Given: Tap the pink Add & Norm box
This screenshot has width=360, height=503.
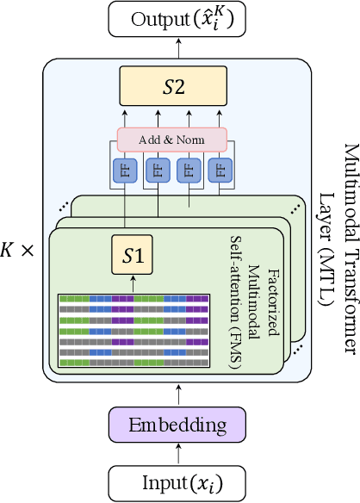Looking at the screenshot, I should tap(171, 139).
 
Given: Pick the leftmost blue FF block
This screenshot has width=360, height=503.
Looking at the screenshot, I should tap(126, 170).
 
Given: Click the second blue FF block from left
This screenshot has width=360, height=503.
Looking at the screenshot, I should tap(156, 170).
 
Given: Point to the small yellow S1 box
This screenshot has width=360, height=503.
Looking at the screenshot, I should tap(133, 255).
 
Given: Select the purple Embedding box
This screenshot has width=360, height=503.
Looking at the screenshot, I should tap(177, 425).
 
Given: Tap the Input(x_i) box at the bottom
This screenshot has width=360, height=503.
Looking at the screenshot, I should tap(177, 480).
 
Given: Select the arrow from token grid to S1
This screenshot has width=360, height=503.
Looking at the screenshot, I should tap(133, 283).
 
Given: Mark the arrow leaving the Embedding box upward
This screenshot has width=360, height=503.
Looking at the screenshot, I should tap(177, 394).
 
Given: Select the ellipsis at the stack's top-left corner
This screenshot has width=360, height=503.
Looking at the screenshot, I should tap(62, 205).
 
